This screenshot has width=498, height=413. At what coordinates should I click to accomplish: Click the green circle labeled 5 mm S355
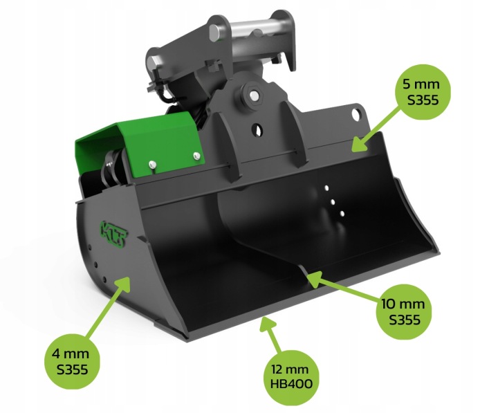(422, 92)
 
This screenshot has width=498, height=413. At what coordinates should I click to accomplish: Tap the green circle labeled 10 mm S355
(403, 312)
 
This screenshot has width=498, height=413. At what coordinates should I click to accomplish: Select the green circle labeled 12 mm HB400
(291, 377)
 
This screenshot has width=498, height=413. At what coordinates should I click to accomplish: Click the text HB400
(291, 384)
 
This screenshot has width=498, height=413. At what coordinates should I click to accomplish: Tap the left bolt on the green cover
(153, 164)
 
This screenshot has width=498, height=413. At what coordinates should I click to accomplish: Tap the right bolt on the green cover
(197, 155)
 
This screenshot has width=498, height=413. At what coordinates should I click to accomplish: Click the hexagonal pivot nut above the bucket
(253, 95)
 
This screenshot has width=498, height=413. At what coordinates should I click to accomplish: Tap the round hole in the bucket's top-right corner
(358, 114)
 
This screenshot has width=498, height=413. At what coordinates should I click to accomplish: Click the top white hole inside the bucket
(326, 188)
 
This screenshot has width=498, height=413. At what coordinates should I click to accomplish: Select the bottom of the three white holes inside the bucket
(342, 214)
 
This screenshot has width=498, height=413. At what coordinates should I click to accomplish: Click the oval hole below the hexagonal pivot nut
(257, 129)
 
